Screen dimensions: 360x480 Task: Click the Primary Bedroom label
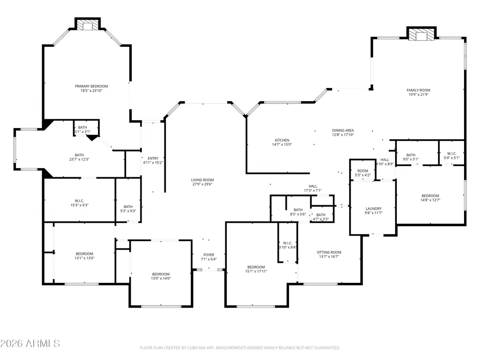91,86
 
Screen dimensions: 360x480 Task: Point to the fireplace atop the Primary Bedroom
87,26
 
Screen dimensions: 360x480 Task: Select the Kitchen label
282,140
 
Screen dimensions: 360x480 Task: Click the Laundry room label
374,209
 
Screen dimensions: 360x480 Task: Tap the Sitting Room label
329,252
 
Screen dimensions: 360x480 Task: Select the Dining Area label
343,130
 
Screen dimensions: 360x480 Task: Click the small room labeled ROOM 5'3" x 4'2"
363,173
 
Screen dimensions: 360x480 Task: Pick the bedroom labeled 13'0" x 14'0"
160,276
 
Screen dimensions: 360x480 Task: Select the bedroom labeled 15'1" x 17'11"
256,269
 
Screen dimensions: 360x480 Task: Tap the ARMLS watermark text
30,344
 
